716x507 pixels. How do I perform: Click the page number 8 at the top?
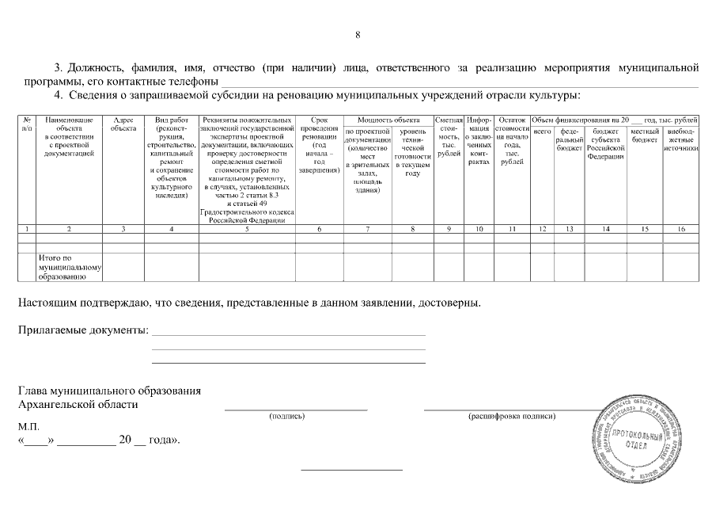click(358, 35)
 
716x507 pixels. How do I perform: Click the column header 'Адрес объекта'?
click(123, 123)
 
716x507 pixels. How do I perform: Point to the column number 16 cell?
click(681, 229)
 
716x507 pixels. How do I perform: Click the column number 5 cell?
click(247, 229)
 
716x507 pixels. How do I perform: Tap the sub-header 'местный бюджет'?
click(646, 135)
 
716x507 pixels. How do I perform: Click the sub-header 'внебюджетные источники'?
click(681, 139)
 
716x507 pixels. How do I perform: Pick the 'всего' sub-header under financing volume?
click(542, 131)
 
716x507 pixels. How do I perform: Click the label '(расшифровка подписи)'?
click(512, 416)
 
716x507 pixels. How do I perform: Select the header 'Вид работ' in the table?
click(172, 119)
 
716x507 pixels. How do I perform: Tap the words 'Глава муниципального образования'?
click(109, 391)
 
